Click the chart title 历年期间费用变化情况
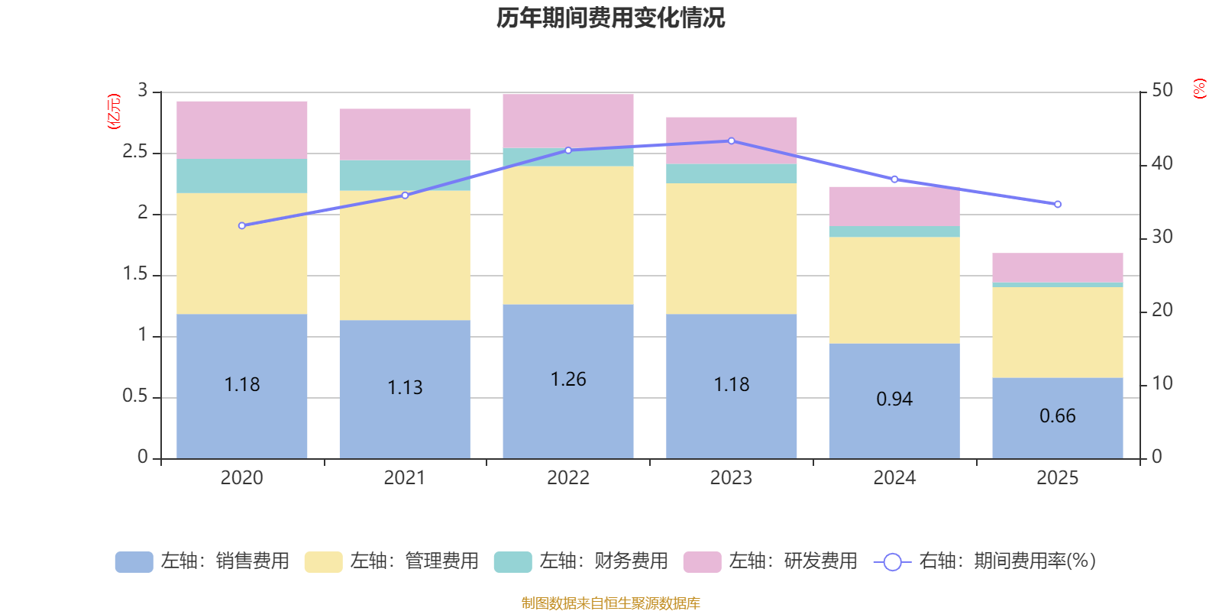pyautogui.click(x=610, y=18)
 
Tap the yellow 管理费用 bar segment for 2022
pyautogui.click(x=568, y=235)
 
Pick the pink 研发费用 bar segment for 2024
pyautogui.click(x=894, y=206)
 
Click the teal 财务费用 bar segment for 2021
pyautogui.click(x=405, y=175)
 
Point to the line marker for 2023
pyautogui.click(x=732, y=141)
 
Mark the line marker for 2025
pyautogui.click(x=1058, y=205)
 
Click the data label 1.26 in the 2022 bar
pyautogui.click(x=568, y=380)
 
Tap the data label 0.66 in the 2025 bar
pyautogui.click(x=1058, y=416)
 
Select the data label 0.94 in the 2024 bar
pyautogui.click(x=894, y=399)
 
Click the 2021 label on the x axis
pyautogui.click(x=405, y=478)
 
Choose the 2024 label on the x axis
pyautogui.click(x=894, y=478)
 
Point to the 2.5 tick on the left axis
pyautogui.click(x=135, y=152)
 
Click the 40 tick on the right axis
pyautogui.click(x=1162, y=163)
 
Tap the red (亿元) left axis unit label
pyautogui.click(x=114, y=112)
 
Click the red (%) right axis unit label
pyautogui.click(x=1200, y=89)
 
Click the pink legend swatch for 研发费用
pyautogui.click(x=702, y=562)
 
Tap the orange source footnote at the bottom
pyautogui.click(x=610, y=603)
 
